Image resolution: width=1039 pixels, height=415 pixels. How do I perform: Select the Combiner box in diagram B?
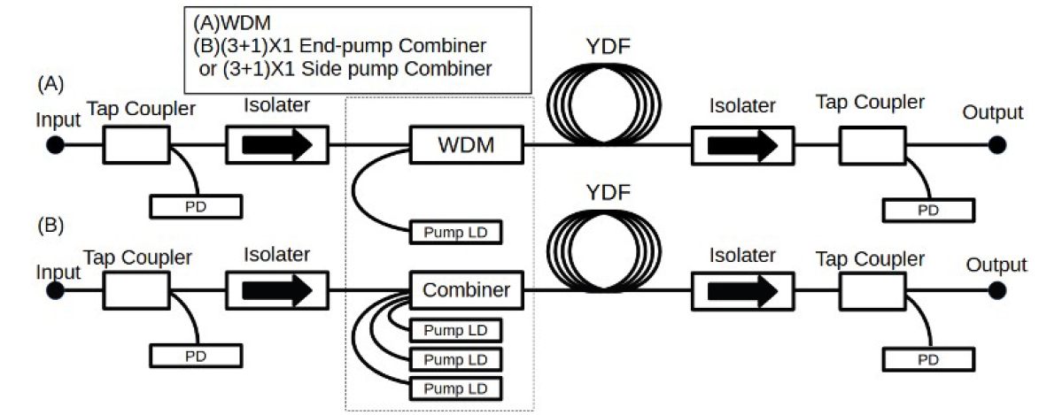[467, 289]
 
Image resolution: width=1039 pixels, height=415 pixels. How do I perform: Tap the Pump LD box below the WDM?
[455, 233]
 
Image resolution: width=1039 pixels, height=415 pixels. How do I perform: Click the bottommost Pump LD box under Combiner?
[455, 388]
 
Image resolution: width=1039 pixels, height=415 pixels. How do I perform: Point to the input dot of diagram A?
[55, 144]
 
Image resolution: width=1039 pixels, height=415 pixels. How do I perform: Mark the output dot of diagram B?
[999, 290]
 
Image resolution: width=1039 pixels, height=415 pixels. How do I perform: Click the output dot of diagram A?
[999, 144]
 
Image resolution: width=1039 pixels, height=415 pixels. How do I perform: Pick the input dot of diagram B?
[55, 290]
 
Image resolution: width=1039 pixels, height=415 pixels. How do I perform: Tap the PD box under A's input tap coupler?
[195, 207]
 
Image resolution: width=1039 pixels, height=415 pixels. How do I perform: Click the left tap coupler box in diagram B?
[137, 290]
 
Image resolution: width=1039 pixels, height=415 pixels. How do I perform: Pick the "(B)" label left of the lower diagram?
[50, 226]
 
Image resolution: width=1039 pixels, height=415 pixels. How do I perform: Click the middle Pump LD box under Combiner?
[455, 359]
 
